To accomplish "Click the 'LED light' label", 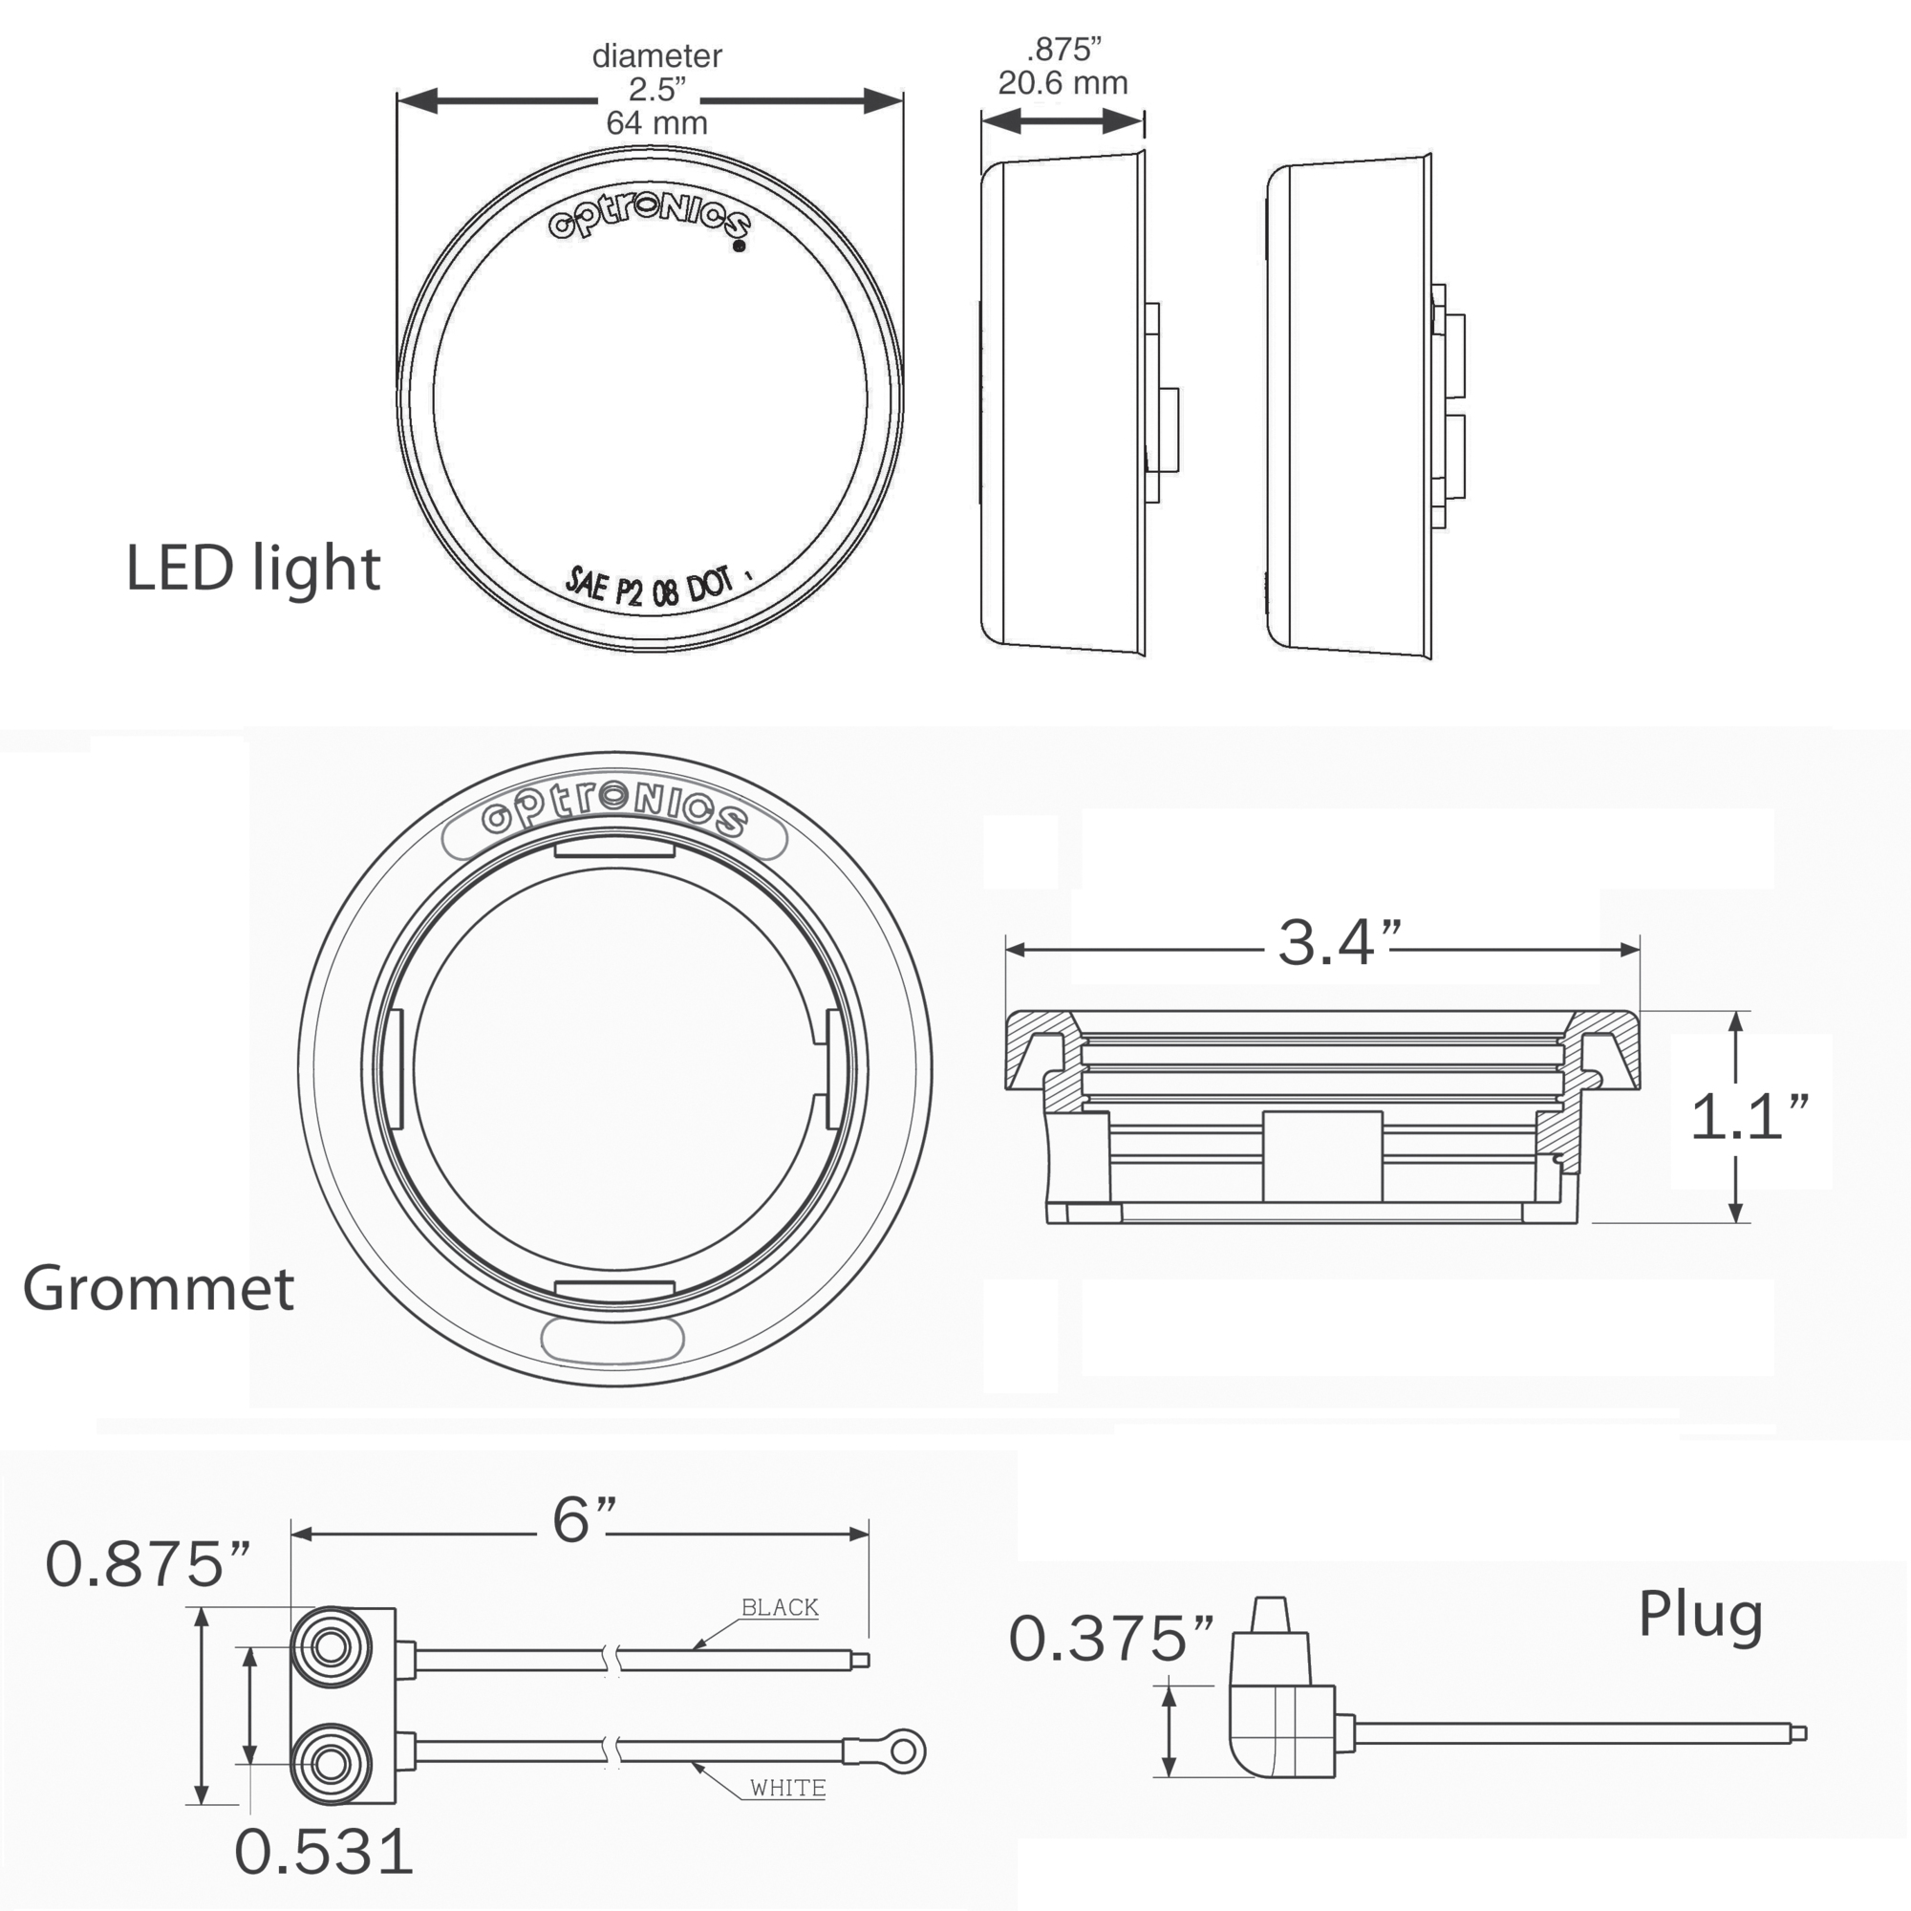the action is click(x=253, y=569).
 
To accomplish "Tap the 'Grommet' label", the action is click(x=159, y=1288).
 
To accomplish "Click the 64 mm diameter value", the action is click(x=656, y=122).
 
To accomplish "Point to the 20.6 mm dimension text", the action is click(x=1063, y=83).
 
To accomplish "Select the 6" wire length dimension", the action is click(x=585, y=1519).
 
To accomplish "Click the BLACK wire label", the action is click(x=780, y=1607).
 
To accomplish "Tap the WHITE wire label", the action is click(x=787, y=1788).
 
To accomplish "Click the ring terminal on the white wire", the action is click(x=901, y=1752).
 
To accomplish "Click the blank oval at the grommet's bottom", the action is click(x=612, y=1340).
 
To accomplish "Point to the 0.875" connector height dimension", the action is click(x=147, y=1565).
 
